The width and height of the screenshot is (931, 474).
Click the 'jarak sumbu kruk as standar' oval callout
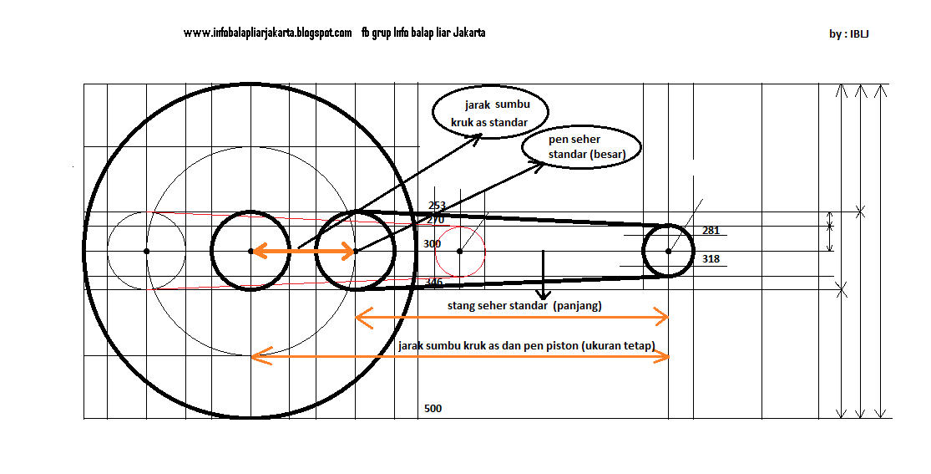coord(492,114)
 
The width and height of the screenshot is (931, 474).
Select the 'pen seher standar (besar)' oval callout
coord(583,147)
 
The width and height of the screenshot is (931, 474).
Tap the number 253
coord(437,206)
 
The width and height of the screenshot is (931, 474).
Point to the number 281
coord(711,231)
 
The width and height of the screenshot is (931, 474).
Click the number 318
coord(711,259)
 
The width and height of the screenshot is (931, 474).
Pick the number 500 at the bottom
coord(433,409)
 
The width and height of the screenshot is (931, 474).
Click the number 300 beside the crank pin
coord(432,244)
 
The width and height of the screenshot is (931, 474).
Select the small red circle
coord(460,251)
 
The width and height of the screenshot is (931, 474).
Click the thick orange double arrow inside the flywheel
coord(303,251)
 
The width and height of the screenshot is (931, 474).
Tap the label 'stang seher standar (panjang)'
coord(524,306)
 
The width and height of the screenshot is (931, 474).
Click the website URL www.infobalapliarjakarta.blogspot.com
coord(267,33)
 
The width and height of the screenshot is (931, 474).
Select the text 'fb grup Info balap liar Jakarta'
coord(423,33)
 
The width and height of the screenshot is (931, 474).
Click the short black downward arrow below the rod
coord(544,276)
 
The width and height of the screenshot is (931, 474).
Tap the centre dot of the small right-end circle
coord(669,251)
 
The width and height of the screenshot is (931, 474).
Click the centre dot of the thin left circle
coord(147,251)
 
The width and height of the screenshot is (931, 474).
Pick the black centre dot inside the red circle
coord(460,251)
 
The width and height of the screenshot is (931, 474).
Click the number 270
coord(435,220)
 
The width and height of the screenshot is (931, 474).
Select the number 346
coord(434,283)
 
